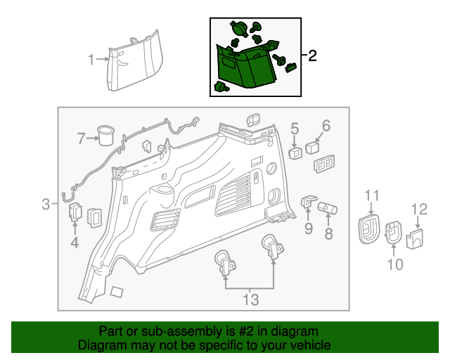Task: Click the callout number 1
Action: (x=91, y=60)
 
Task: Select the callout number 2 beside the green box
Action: (x=312, y=56)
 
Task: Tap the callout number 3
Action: (x=46, y=205)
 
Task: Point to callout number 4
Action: (x=75, y=243)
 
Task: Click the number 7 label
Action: (x=82, y=139)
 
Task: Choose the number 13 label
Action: (x=251, y=300)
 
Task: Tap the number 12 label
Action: (x=419, y=210)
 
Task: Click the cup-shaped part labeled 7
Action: (x=105, y=135)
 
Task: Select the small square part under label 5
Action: (x=295, y=153)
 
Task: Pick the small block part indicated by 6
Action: (x=312, y=148)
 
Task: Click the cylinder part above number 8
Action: (x=327, y=208)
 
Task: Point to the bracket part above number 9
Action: (x=308, y=201)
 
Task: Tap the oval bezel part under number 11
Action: (x=369, y=229)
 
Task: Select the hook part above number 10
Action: (x=394, y=232)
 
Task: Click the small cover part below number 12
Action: (x=415, y=239)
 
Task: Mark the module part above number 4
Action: (x=75, y=212)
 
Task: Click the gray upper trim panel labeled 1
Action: (x=135, y=61)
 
